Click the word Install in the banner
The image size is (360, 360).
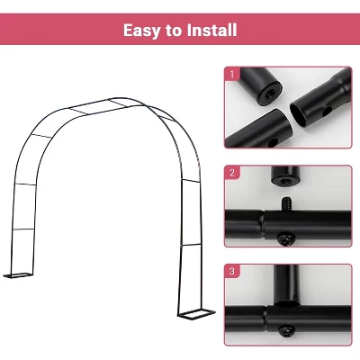pos(210,30)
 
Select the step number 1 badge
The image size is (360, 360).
pos(231,73)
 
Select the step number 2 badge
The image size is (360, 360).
pos(231,172)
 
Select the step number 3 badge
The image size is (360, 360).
pos(231,270)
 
